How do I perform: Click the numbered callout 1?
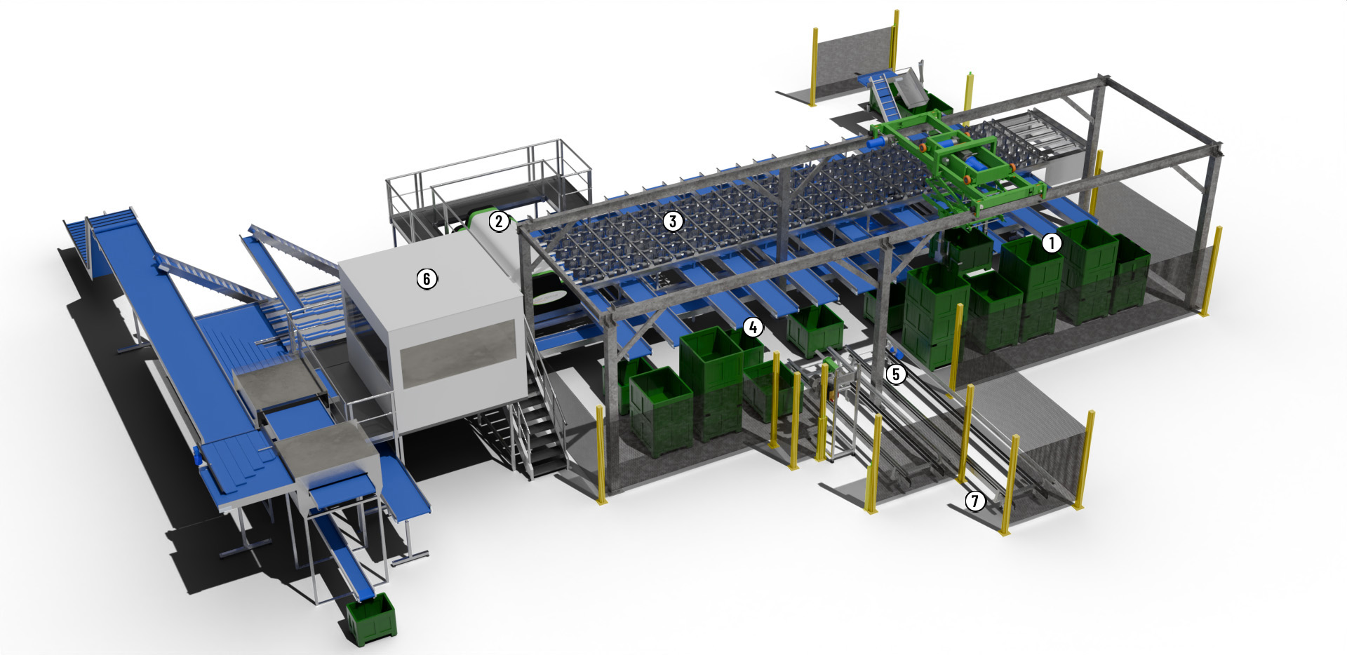click(1051, 243)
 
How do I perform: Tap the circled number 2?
click(498, 222)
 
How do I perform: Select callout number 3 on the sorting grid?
click(673, 222)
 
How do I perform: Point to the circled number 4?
click(753, 327)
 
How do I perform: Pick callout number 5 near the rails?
click(895, 374)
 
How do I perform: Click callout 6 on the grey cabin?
click(427, 278)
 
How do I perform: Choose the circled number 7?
click(974, 501)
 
